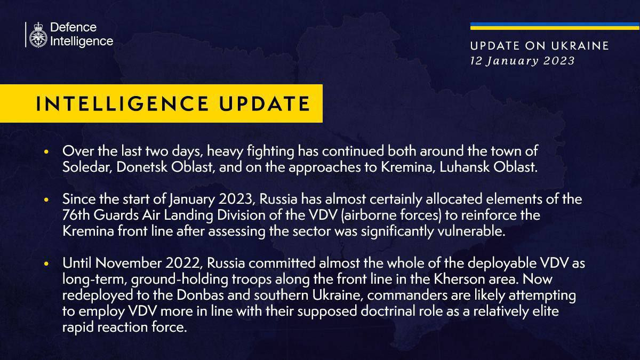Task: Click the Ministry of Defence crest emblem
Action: coord(38,35)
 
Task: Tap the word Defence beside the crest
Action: coord(74,27)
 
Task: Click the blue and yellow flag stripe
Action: coord(555,26)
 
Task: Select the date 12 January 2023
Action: coord(522,61)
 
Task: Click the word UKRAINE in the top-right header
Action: coord(580,46)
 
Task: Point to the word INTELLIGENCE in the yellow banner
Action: coord(122,103)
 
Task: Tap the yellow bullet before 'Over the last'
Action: coord(46,151)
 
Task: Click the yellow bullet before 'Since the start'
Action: coord(46,199)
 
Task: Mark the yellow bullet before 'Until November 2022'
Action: coord(46,263)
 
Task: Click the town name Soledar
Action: coord(87,167)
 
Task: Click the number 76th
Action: coord(76,215)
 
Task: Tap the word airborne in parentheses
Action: coord(370,215)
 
